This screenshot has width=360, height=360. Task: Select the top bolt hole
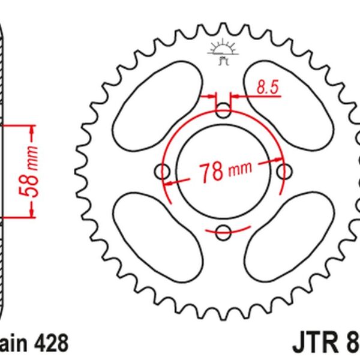[x=223, y=110]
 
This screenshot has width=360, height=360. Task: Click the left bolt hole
[x=163, y=172]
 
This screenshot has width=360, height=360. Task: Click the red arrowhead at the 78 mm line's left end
[x=170, y=182]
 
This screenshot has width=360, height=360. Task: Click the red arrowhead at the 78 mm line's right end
[x=278, y=159]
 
